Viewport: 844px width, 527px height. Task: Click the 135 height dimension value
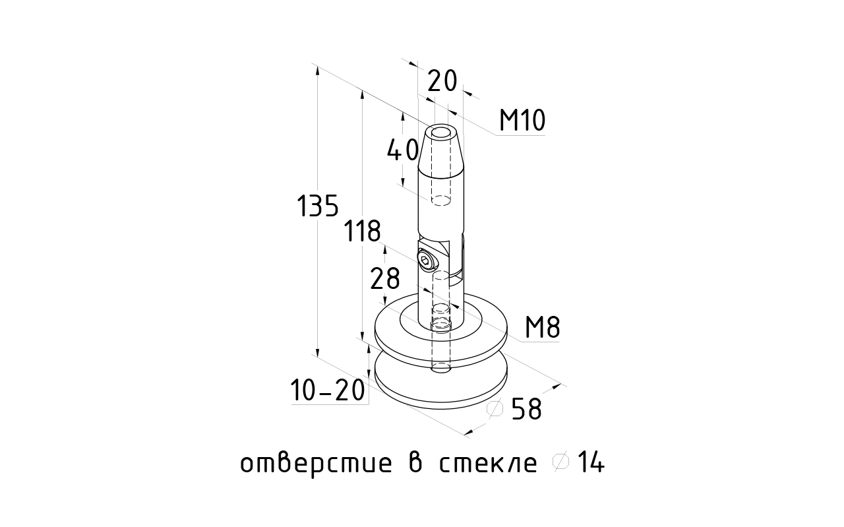coord(317,207)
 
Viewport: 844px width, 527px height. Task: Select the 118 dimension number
coord(362,232)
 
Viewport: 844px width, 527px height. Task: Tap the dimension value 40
coord(402,152)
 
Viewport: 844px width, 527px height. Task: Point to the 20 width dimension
coord(442,81)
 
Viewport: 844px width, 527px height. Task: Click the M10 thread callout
coord(522,121)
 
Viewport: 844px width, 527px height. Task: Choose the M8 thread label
coord(543,328)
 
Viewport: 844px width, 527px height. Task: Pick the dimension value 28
coord(385,280)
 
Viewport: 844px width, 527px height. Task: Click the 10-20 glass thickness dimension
coord(328,392)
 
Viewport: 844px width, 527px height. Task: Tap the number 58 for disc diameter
coord(526,410)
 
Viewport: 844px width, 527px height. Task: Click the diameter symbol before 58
coord(495,410)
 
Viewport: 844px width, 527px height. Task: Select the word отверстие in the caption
coord(311,464)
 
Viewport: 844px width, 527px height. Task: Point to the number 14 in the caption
coord(591,464)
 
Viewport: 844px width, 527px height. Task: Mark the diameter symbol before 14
coord(560,463)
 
